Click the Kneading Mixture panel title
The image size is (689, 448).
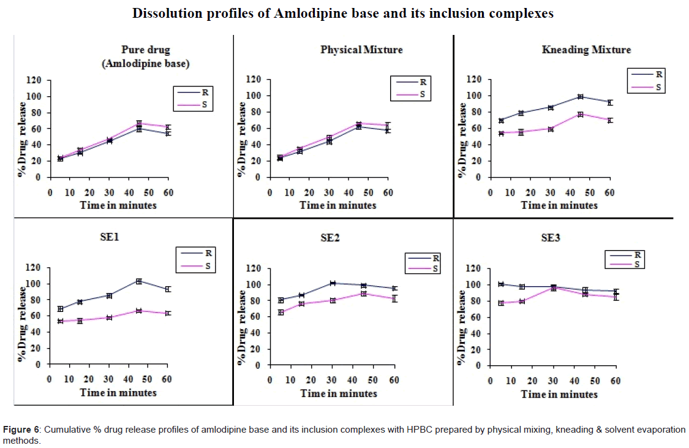coord(585,50)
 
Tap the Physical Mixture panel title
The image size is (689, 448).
coord(361,50)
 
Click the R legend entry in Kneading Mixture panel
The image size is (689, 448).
coord(659,75)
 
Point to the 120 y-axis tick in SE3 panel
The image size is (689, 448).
coord(472,268)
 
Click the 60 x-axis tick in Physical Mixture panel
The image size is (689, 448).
coord(387,193)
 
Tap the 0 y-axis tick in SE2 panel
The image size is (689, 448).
coord(258,365)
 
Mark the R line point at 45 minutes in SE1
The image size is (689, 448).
coord(139,281)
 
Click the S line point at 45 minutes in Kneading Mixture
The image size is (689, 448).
coord(580,115)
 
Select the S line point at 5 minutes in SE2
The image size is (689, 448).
coord(280,313)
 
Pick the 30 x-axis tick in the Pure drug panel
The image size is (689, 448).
coord(109,193)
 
